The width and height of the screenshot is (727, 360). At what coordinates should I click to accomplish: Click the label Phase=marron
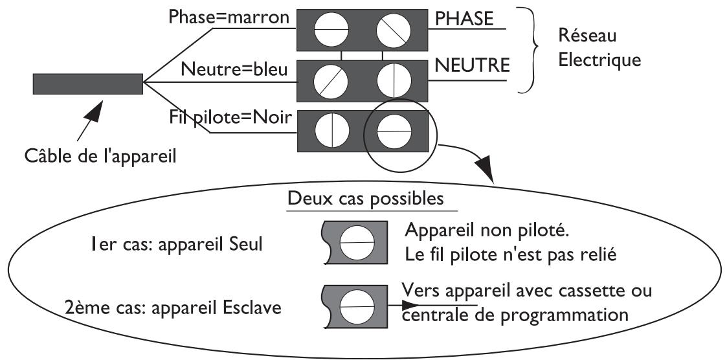point(229,17)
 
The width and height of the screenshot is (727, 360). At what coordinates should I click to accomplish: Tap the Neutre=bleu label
point(234,69)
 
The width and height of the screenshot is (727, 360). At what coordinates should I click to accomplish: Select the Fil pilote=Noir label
point(230,118)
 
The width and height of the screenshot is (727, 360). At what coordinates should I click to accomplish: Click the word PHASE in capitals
point(464,19)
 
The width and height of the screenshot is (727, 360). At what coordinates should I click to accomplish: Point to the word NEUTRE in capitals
point(472,65)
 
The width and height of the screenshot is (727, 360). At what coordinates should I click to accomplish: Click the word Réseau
point(587,35)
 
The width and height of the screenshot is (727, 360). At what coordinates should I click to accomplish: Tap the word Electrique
point(599,60)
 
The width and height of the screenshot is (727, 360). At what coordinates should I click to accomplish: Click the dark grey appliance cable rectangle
point(87,84)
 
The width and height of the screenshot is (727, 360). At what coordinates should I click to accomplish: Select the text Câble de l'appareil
point(100,155)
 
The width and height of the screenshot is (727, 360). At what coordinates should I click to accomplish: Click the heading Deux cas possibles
point(366,198)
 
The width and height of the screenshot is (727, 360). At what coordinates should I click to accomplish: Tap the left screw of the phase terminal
point(331,30)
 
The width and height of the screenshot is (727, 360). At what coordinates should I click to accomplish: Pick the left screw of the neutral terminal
point(331,81)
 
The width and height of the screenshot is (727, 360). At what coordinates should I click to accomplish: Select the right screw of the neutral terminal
point(394,80)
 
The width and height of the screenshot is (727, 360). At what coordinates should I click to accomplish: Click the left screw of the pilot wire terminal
point(332,130)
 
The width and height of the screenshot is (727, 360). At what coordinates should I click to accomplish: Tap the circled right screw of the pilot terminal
point(394,131)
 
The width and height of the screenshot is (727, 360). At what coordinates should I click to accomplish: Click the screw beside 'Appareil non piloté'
point(357,243)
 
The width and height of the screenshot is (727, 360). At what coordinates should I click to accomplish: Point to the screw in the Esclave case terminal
point(357,307)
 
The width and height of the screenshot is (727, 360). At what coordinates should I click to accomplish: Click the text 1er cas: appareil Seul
point(177,244)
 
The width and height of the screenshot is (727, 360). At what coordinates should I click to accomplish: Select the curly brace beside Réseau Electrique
point(529,50)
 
